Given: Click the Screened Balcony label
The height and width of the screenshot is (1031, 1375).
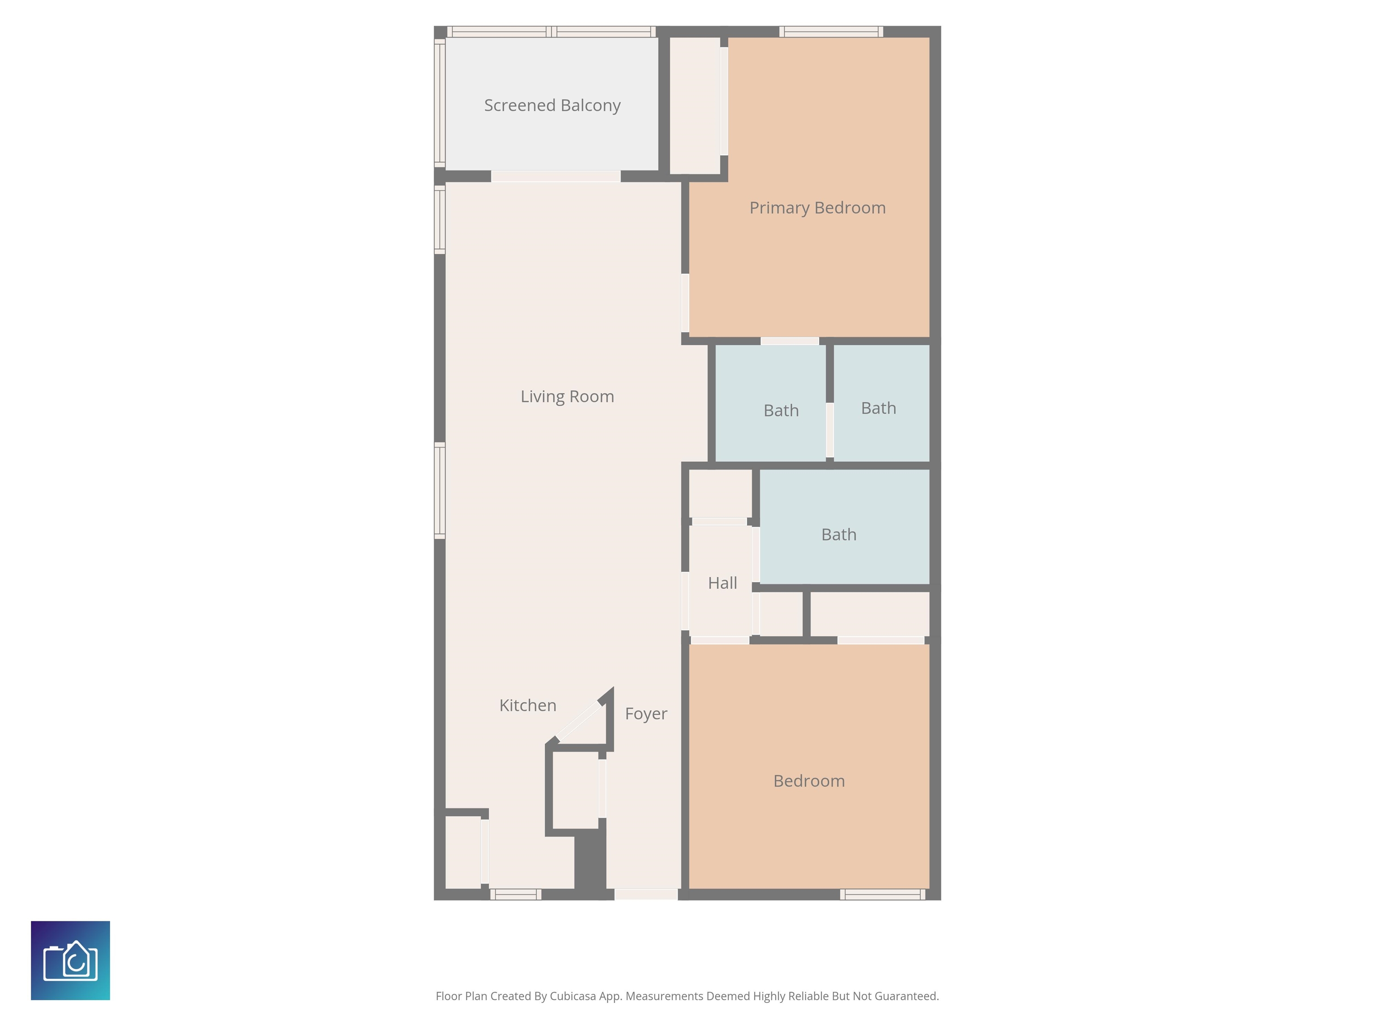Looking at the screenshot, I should (552, 106).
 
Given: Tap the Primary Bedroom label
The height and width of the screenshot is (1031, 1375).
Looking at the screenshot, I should (817, 208).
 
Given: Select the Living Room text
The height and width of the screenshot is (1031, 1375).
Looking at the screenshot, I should (567, 396).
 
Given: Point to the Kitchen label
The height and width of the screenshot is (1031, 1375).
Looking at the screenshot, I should (528, 705).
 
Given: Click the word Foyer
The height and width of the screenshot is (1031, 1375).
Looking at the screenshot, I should (646, 713).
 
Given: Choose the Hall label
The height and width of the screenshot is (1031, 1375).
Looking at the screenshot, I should (722, 583).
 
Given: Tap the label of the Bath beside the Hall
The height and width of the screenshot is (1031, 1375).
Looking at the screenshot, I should (838, 534).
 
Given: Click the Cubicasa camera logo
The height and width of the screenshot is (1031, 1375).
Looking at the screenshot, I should (70, 960).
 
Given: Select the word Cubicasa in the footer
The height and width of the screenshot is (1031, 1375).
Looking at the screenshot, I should (573, 996).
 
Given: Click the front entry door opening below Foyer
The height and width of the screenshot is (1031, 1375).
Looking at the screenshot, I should (646, 894).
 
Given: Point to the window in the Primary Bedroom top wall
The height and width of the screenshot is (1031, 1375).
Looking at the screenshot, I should (831, 32).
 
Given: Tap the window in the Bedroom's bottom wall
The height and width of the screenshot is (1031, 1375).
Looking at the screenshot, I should (883, 894).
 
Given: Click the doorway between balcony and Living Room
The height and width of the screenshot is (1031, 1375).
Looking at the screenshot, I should (556, 176).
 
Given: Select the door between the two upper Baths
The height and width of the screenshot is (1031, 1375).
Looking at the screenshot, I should (830, 430).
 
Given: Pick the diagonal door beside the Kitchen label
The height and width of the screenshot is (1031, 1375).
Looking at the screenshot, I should (579, 721).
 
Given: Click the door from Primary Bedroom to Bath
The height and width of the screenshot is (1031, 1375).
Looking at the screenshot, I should (790, 341).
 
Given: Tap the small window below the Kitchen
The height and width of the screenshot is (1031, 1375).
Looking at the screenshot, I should (515, 894).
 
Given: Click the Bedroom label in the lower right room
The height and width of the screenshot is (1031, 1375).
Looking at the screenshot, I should (809, 781).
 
